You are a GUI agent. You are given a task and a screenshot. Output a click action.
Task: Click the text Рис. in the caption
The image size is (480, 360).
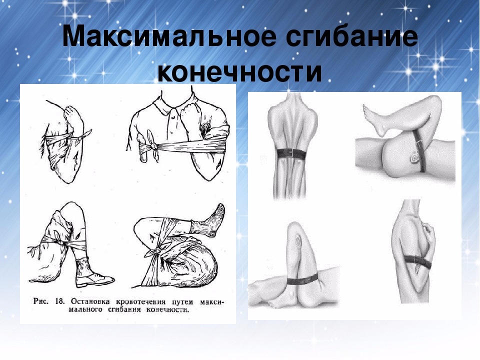pyautogui.click(x=40, y=301)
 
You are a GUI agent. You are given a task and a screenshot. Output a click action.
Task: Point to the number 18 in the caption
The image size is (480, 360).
pyautogui.click(x=59, y=301)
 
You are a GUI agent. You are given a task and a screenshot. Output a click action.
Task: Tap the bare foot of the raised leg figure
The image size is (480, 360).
pyautogui.click(x=375, y=119)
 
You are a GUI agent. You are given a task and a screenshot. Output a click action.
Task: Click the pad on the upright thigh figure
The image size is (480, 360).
pyautogui.click(x=296, y=240)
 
